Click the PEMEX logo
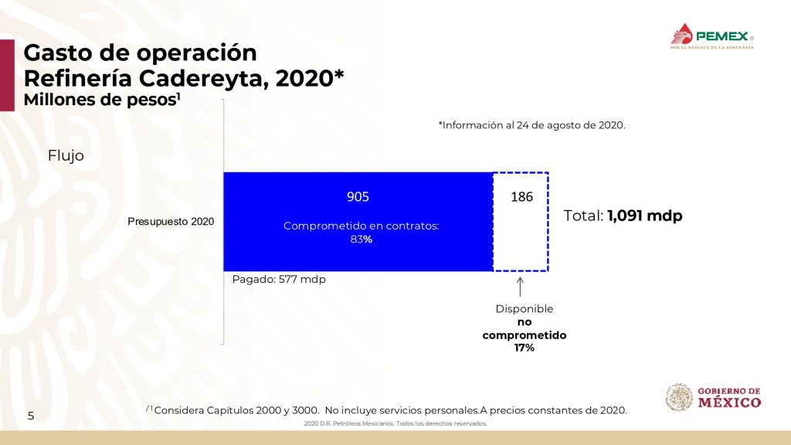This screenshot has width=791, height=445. click(x=711, y=36)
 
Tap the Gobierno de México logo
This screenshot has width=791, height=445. click(x=713, y=397)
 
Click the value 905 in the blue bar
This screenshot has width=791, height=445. click(x=358, y=197)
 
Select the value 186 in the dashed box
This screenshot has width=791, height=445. click(x=521, y=197)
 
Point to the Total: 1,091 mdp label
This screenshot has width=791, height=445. click(x=623, y=216)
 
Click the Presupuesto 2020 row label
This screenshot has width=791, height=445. click(x=171, y=222)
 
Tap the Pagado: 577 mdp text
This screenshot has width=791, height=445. click(x=279, y=279)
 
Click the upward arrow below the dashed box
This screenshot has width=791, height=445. click(x=520, y=286)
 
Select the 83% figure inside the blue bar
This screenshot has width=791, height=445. click(x=362, y=239)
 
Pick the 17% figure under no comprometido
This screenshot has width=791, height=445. click(x=525, y=348)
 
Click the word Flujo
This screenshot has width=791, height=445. click(x=66, y=155)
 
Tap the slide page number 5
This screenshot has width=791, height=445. click(x=31, y=416)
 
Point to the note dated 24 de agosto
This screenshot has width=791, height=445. click(x=531, y=125)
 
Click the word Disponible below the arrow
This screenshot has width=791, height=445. click(x=525, y=309)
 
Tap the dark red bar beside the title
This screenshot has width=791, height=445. click(x=7, y=75)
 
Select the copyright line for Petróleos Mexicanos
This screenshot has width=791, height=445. click(x=395, y=424)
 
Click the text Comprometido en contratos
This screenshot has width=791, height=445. click(x=362, y=226)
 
